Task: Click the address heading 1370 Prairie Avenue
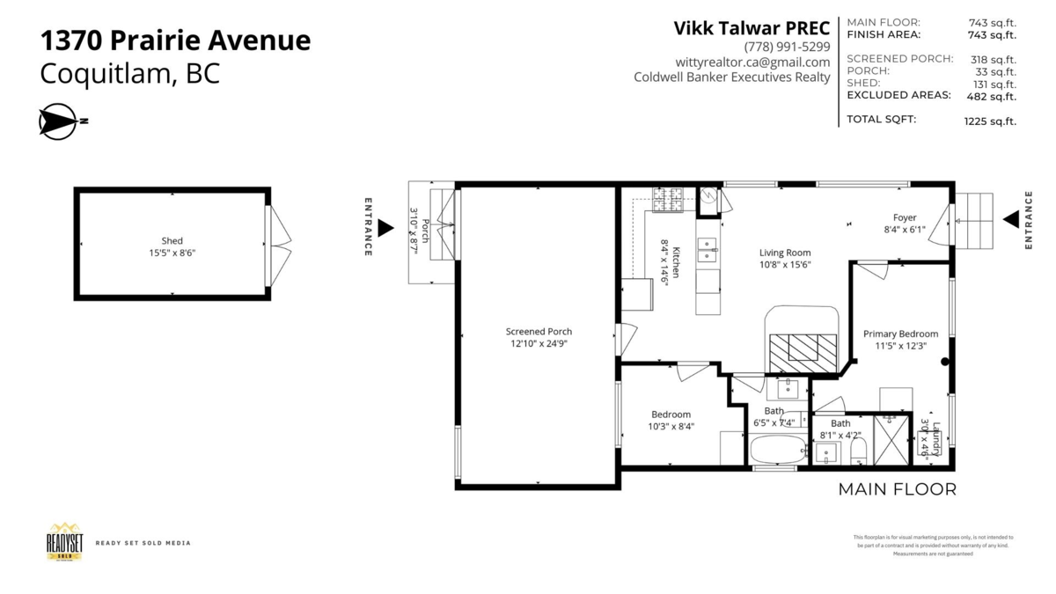point(175,40)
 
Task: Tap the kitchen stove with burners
point(667,200)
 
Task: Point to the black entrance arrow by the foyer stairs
point(1011,219)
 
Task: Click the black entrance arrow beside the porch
point(385,228)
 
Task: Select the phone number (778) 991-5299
point(786,47)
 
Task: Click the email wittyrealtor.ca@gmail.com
point(752,62)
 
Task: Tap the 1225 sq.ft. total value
point(990,121)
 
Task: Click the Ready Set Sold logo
point(64,541)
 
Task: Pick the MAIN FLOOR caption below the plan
point(897,489)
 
